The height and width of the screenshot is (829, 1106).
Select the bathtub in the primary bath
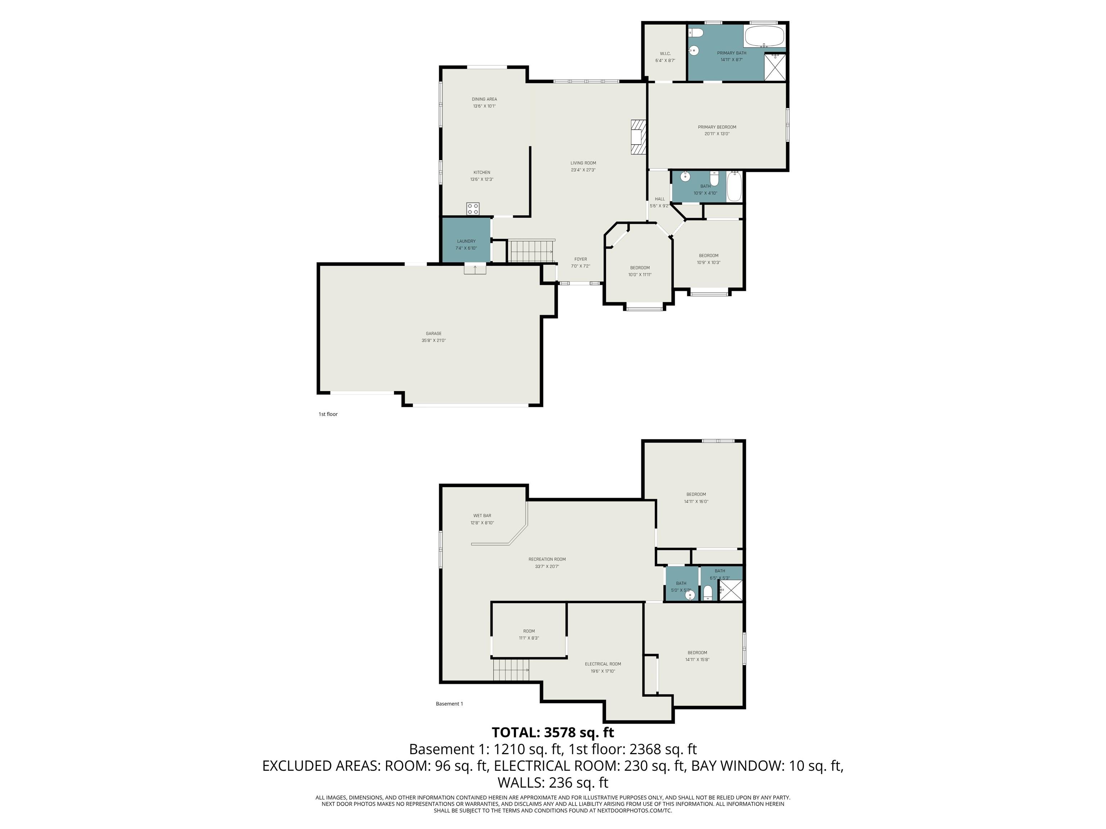tap(764, 36)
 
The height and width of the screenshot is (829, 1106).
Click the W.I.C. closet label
tap(665, 54)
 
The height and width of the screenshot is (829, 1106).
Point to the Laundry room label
tap(466, 241)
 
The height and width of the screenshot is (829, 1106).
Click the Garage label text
tap(433, 333)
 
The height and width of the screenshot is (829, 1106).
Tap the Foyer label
tap(580, 259)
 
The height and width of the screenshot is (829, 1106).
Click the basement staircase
tap(511, 670)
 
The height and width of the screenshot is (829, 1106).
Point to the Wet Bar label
tap(482, 516)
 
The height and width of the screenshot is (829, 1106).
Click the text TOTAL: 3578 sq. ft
tap(553, 733)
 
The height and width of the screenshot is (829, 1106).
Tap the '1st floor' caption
tap(328, 414)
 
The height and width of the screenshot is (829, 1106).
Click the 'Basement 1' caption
tap(449, 703)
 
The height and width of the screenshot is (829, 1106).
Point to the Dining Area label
tap(484, 99)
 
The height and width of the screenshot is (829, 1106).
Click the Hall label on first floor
tap(660, 199)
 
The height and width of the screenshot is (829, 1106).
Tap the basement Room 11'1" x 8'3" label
tap(529, 631)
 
